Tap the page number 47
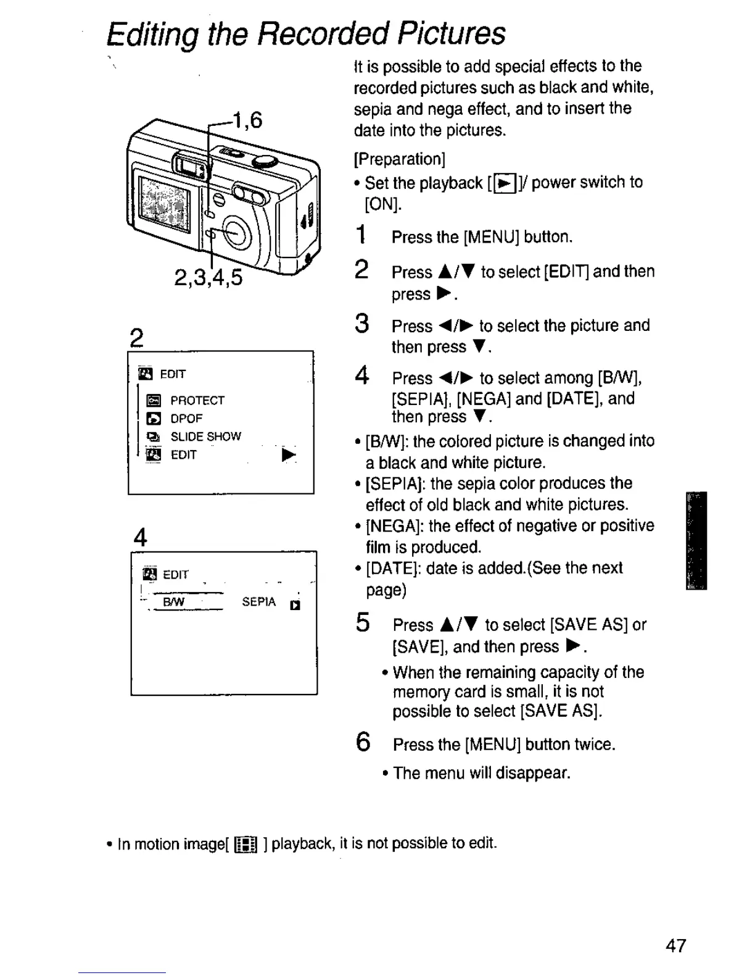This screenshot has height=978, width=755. tap(675, 946)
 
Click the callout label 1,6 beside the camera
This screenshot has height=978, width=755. tap(247, 119)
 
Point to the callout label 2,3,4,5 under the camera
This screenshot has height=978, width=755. tap(208, 278)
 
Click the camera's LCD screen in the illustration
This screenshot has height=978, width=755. tap(163, 203)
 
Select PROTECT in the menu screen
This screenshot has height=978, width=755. tap(197, 400)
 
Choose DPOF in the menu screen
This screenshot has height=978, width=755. tap(186, 418)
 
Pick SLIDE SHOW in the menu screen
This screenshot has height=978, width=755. tap(205, 437)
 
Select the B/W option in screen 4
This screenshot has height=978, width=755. tap(174, 602)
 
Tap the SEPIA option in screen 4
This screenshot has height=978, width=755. tap(258, 602)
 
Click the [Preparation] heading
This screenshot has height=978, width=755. tap(400, 159)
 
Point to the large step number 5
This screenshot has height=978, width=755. tap(363, 622)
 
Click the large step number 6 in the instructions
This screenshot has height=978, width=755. tap(363, 741)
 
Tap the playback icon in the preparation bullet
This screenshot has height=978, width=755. tap(506, 183)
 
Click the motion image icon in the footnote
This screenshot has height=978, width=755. tap(245, 845)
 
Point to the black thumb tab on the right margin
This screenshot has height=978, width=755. tap(696, 540)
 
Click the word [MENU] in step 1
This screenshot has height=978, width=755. tap(491, 237)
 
